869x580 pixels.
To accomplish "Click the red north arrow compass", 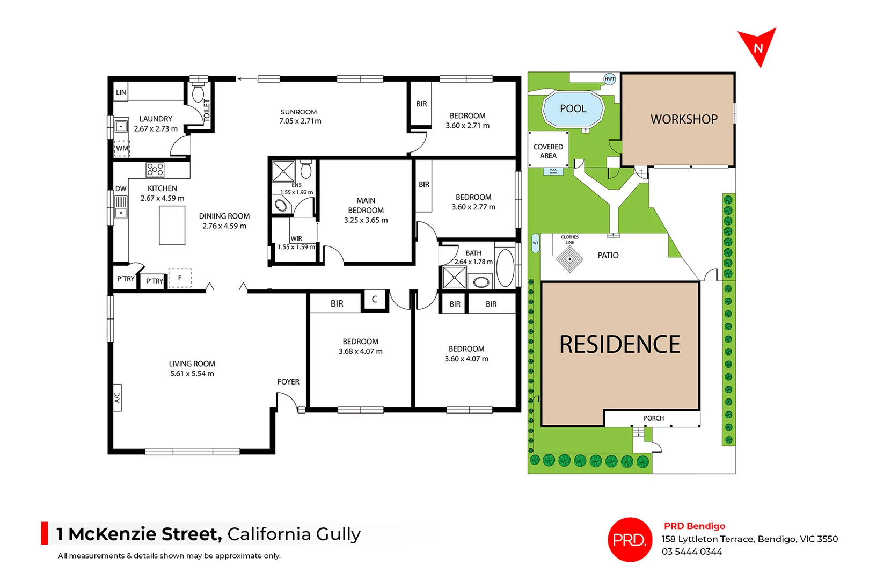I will click(757, 46).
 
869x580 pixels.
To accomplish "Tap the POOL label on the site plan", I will click(573, 109).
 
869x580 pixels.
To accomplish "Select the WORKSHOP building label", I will click(683, 119).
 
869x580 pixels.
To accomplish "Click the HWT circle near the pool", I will click(609, 79).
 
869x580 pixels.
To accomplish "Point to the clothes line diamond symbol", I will click(569, 259).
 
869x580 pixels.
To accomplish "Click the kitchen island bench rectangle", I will click(172, 226).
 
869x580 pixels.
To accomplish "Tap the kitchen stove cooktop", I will click(155, 170).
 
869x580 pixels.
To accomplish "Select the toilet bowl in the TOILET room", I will click(198, 93).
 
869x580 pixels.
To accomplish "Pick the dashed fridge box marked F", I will click(180, 278).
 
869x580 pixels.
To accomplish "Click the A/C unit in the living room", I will click(117, 397).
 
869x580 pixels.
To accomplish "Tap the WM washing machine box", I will click(122, 148).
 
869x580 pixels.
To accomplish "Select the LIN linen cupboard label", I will click(121, 92).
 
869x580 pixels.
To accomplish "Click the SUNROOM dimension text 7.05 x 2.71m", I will click(300, 121).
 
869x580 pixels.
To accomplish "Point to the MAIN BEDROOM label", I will click(366, 205).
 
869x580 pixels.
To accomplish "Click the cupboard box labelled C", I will click(375, 300).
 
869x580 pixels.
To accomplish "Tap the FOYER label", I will click(288, 382).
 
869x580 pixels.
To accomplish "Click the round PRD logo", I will click(629, 539).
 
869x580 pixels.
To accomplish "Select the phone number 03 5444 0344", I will click(691, 552).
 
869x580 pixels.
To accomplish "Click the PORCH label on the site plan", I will click(653, 418).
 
